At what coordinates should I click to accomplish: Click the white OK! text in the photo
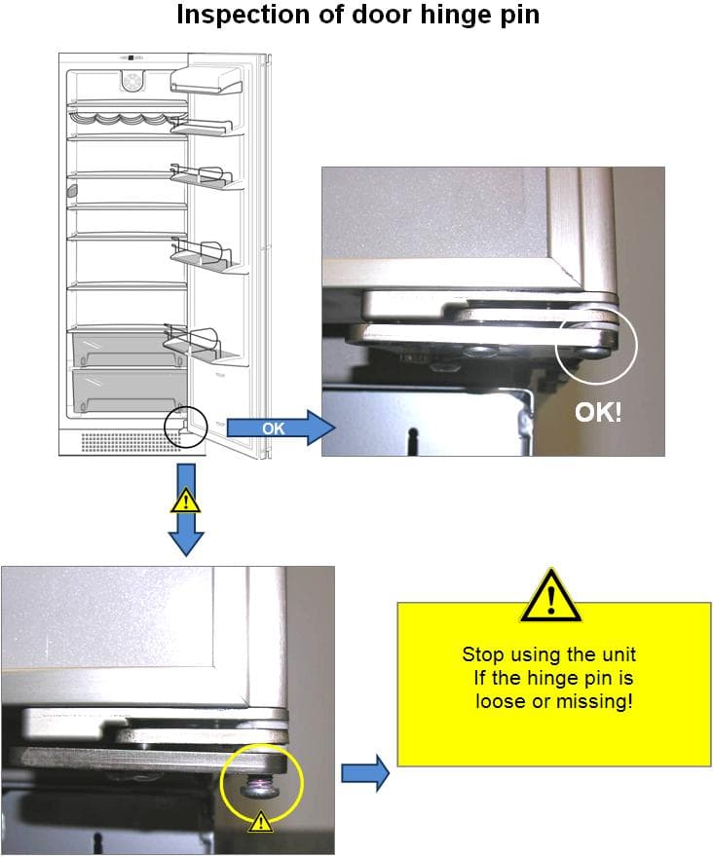click(x=598, y=412)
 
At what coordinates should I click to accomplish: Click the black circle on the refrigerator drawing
click(x=185, y=426)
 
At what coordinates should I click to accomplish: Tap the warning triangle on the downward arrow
click(x=185, y=502)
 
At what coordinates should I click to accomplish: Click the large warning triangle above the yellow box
click(x=550, y=596)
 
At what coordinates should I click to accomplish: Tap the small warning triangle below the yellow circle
click(x=260, y=824)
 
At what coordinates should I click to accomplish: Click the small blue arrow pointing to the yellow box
click(x=365, y=774)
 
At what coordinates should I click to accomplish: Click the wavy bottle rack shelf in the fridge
click(x=128, y=119)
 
